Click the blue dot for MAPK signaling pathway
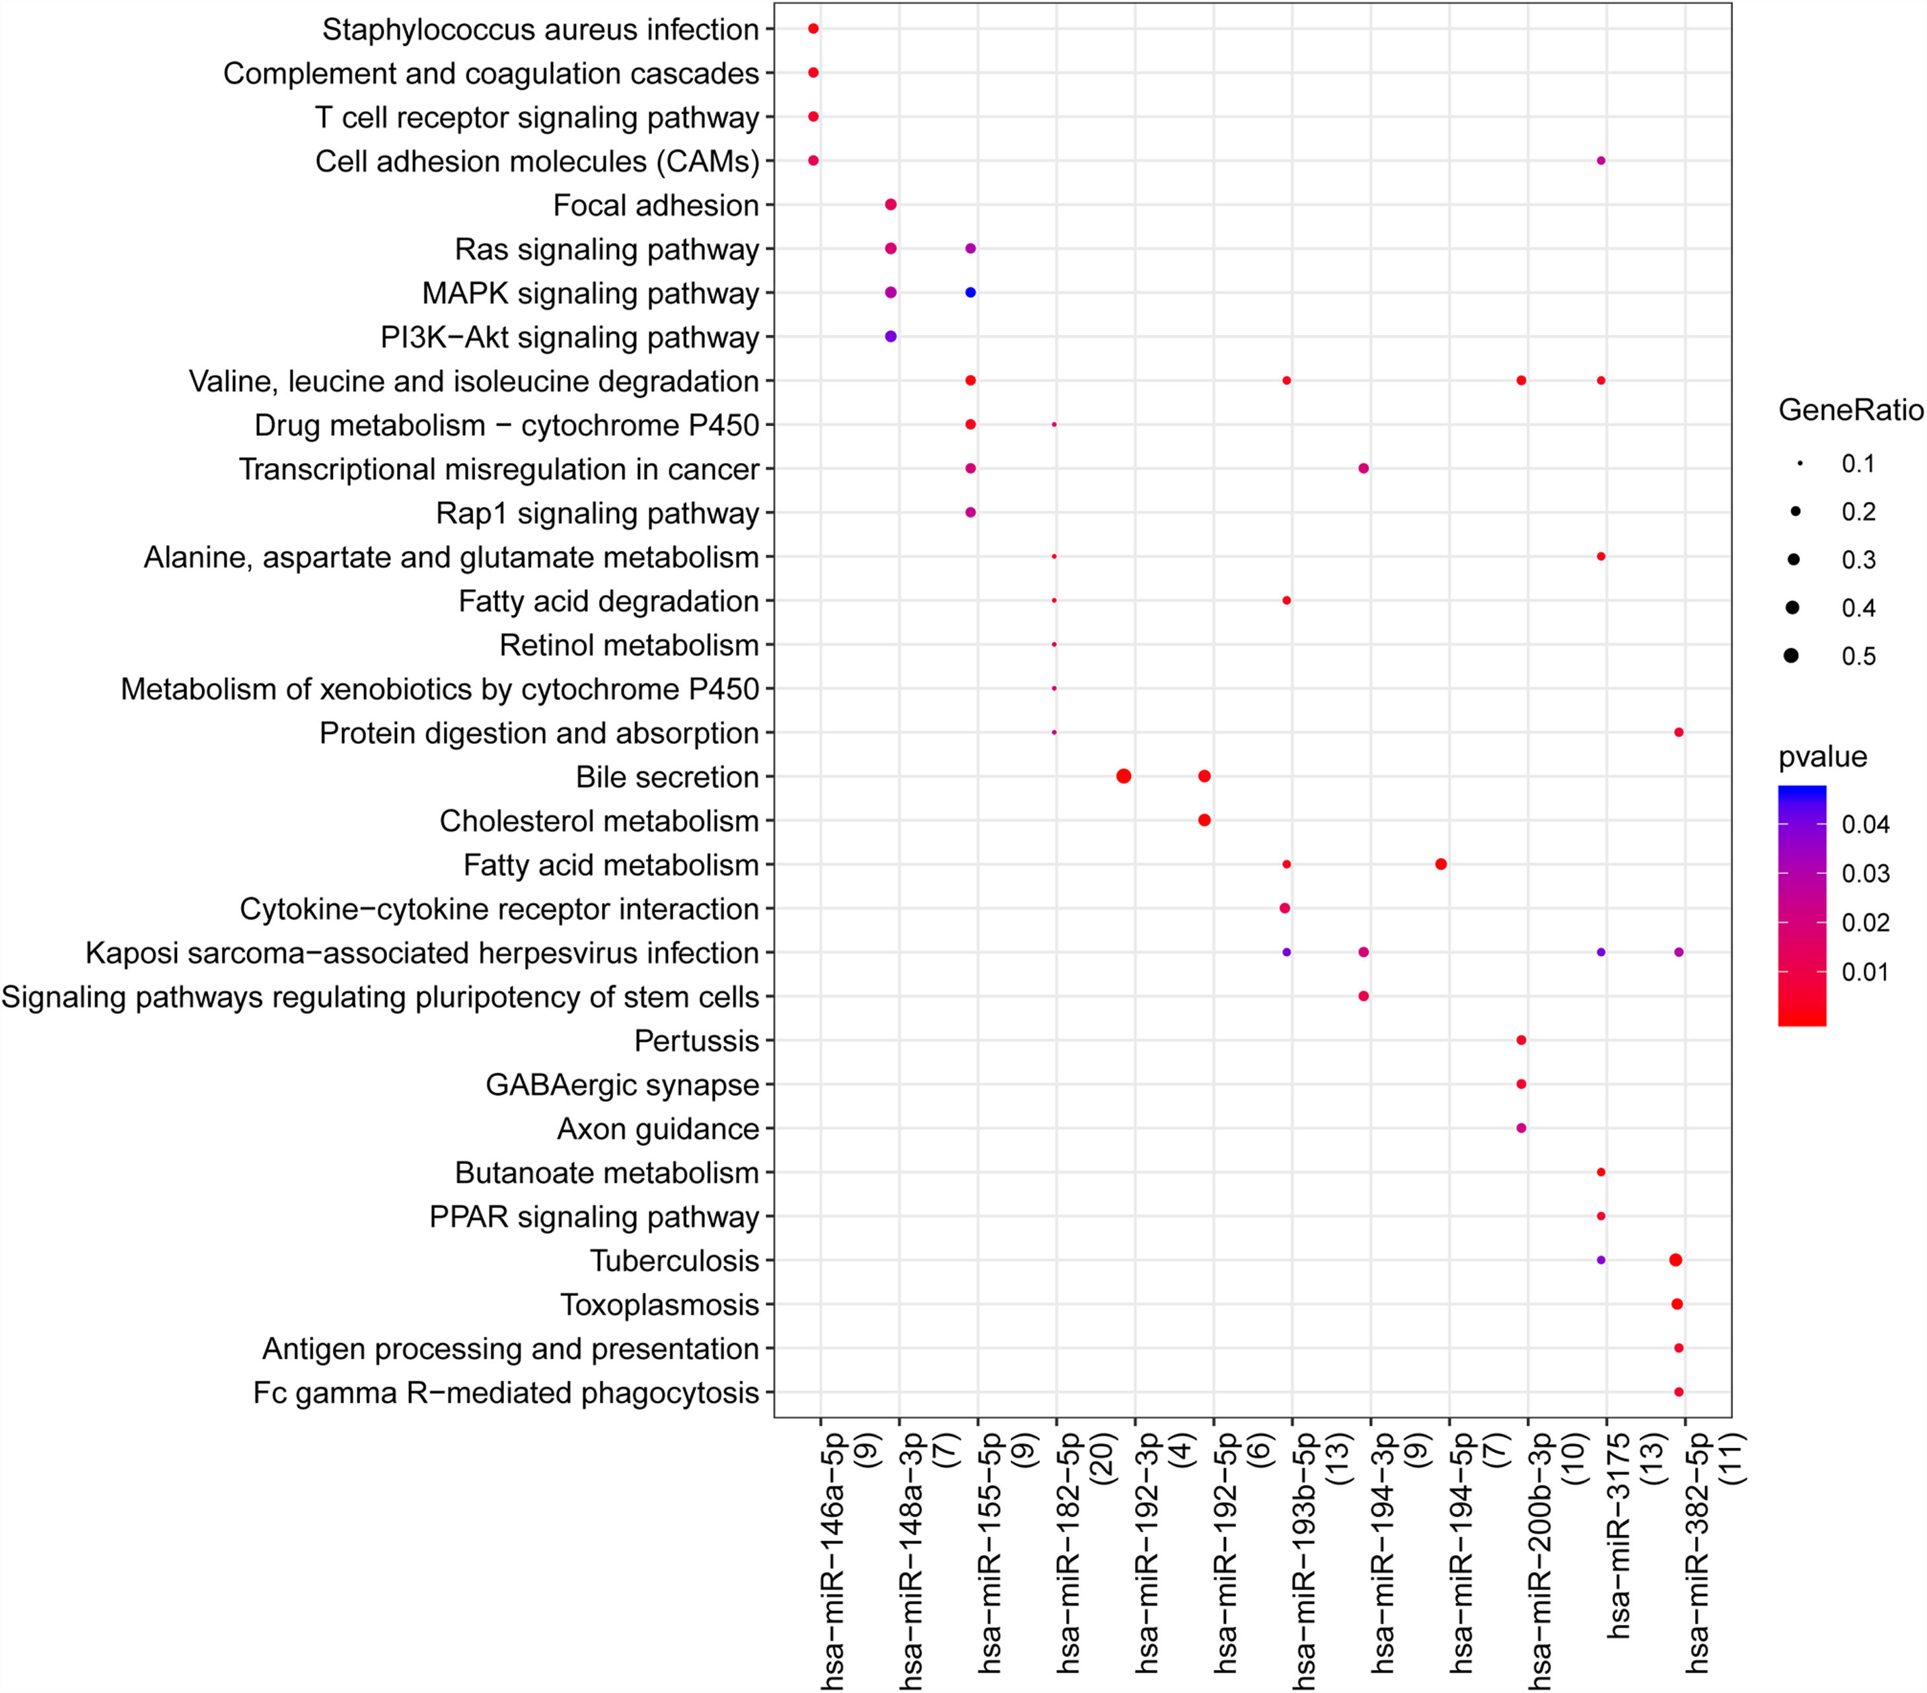click(x=970, y=292)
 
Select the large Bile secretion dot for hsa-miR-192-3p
click(x=1123, y=775)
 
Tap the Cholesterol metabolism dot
click(x=1204, y=820)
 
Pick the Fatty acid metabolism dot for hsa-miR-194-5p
click(x=1441, y=865)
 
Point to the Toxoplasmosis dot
click(x=1676, y=1304)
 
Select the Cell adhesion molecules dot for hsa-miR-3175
click(x=1601, y=161)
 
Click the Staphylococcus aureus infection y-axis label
click(x=540, y=29)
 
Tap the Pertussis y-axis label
click(x=697, y=1040)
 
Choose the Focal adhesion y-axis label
click(x=656, y=205)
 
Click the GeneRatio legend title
click(x=1850, y=410)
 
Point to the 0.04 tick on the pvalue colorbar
click(x=1865, y=825)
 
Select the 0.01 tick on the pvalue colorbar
click(x=1865, y=972)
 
